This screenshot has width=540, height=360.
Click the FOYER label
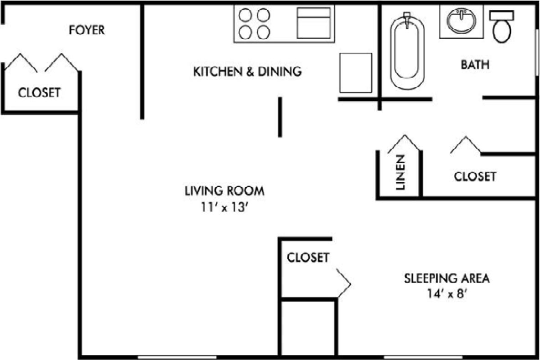pos(87,30)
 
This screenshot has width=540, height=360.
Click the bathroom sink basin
pos(462,21)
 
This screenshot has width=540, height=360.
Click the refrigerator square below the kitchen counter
pos(356,73)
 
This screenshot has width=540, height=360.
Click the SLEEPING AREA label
pos(447,278)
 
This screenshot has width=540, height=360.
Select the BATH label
pos(475,65)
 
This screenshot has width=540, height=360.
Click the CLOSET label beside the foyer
pos(39,93)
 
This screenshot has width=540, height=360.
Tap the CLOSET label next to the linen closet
pos(474,176)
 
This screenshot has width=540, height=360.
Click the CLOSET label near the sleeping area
pos(307,257)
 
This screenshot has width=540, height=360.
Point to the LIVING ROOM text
pos(224,191)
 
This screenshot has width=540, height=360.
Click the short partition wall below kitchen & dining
pos(280,117)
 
